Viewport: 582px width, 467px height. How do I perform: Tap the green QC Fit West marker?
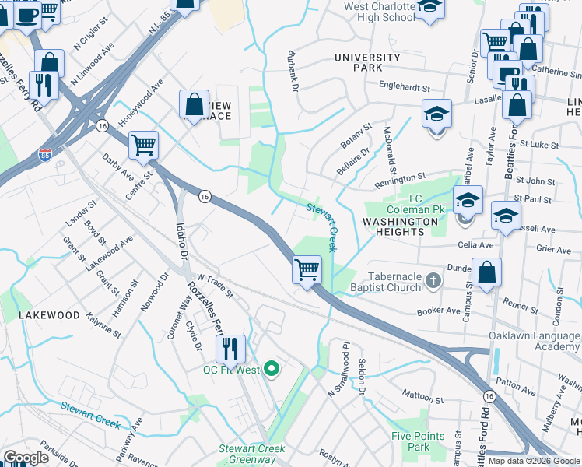272,369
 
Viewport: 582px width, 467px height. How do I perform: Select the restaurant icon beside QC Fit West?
230,348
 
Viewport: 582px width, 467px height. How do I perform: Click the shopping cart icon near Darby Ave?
143,144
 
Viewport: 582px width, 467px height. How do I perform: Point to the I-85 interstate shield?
46,156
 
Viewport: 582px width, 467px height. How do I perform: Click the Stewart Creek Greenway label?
251,454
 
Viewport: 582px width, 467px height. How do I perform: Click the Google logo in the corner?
26,458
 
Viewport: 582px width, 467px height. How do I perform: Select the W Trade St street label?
215,285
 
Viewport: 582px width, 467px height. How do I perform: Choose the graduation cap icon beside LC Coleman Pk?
468,200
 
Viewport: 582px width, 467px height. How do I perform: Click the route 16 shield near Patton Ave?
489,397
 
